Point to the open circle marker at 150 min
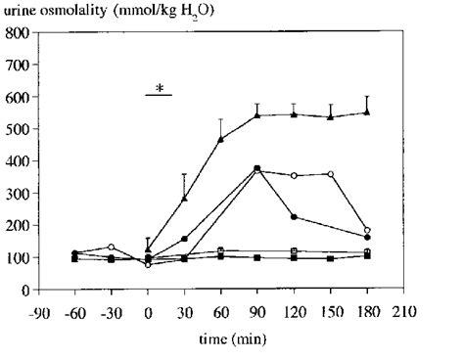(331, 174)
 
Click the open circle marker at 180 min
(367, 231)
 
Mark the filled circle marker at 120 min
(294, 217)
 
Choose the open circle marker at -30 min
(112, 247)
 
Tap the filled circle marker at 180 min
(367, 238)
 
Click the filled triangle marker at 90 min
(257, 115)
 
